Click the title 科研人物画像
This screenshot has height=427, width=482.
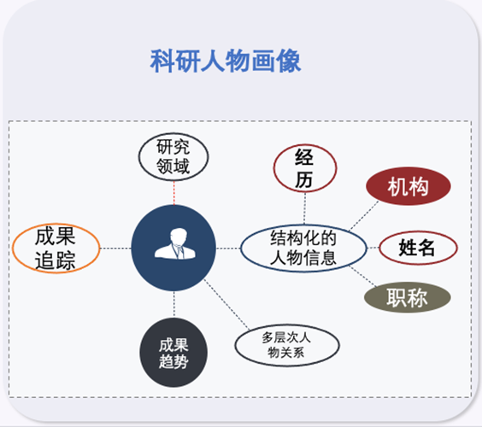226,61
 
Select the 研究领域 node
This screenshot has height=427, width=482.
173,156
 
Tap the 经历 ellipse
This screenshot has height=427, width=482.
305,168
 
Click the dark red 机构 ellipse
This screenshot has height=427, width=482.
409,186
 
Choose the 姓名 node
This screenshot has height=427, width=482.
418,248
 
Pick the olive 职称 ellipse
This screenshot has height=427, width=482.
408,297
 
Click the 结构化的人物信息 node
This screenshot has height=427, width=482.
303,248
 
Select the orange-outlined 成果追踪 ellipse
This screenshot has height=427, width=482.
56,249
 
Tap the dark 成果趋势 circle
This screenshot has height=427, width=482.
173,353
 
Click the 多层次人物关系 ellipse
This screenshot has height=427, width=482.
287,345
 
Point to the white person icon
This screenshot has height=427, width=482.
175,244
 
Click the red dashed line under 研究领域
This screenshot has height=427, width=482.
174,193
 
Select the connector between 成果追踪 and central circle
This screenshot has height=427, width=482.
115,249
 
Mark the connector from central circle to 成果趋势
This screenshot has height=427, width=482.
174,304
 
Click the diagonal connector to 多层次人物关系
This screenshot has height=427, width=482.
226,304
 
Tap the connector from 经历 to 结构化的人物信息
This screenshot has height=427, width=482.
304,208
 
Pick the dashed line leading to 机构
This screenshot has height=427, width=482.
364,215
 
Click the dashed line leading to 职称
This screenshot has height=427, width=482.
362,277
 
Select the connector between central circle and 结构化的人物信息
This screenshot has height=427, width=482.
228,249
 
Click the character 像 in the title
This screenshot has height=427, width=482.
289,61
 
